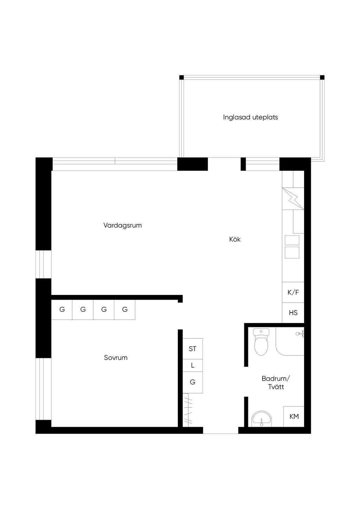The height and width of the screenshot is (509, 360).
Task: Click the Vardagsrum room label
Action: click(122, 225)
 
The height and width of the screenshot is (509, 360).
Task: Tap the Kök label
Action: click(235, 239)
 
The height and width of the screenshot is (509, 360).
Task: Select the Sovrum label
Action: click(116, 357)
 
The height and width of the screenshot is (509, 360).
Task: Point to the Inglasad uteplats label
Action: click(250, 117)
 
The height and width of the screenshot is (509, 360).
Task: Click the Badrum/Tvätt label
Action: click(276, 382)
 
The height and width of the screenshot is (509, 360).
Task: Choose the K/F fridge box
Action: click(293, 292)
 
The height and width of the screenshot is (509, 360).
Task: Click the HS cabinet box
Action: click(293, 313)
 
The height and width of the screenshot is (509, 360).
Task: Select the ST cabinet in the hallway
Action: click(193, 349)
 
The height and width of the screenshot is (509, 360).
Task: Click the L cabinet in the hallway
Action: click(193, 365)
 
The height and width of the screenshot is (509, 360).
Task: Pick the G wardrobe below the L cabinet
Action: click(193, 382)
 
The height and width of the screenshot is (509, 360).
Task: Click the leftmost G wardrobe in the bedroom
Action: click(62, 309)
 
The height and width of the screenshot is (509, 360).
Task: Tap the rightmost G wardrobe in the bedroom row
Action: click(125, 309)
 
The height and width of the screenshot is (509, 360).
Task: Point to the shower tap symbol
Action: click(300, 334)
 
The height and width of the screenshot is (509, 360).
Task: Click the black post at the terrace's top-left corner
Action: click(181, 77)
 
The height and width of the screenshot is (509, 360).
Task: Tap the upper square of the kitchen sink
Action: click(292, 240)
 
